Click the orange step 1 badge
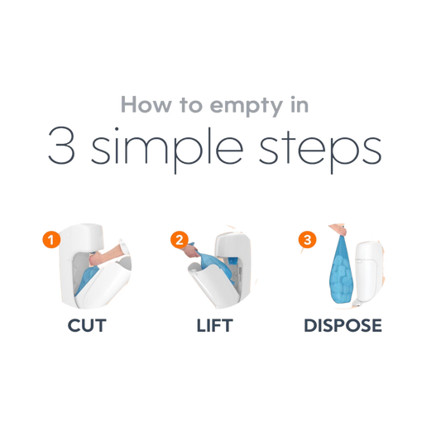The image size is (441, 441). coord(51,240)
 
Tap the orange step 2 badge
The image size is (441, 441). coord(180,240)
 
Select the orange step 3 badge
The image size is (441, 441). coord(307,240)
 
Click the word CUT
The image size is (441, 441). coord(87,326)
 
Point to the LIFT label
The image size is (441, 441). coord(214,326)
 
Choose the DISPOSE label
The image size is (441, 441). coord(343,326)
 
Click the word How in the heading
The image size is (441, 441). coord(146,104)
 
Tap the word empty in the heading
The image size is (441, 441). coord(246,107)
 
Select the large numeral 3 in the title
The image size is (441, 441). coord(61,146)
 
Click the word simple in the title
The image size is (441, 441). coord(167,149)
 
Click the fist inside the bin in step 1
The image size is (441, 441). coord(95,258)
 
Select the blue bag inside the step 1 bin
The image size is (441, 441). coord(86,280)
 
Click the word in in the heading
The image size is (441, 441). coord(300,104)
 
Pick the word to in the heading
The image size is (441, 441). coord(191,105)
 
